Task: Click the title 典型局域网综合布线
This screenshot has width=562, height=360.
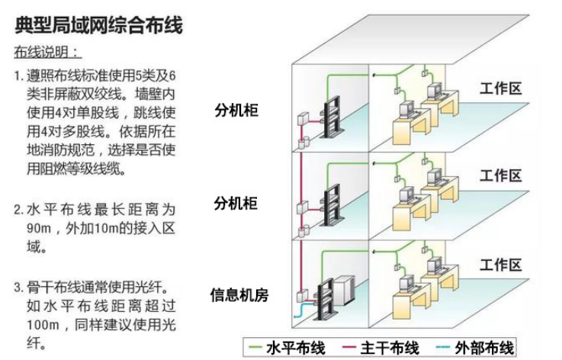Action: (x=98, y=27)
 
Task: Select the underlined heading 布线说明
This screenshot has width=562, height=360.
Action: (x=46, y=53)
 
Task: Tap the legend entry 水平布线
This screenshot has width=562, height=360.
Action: (x=295, y=349)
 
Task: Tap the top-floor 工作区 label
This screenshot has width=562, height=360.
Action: (x=501, y=88)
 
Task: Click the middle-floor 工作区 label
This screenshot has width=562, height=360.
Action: (x=501, y=176)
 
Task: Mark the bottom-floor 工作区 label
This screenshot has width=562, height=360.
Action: (x=501, y=265)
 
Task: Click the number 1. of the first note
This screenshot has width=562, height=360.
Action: (x=18, y=76)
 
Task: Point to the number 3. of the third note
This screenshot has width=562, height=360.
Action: (x=18, y=288)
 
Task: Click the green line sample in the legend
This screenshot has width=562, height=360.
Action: (x=255, y=349)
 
